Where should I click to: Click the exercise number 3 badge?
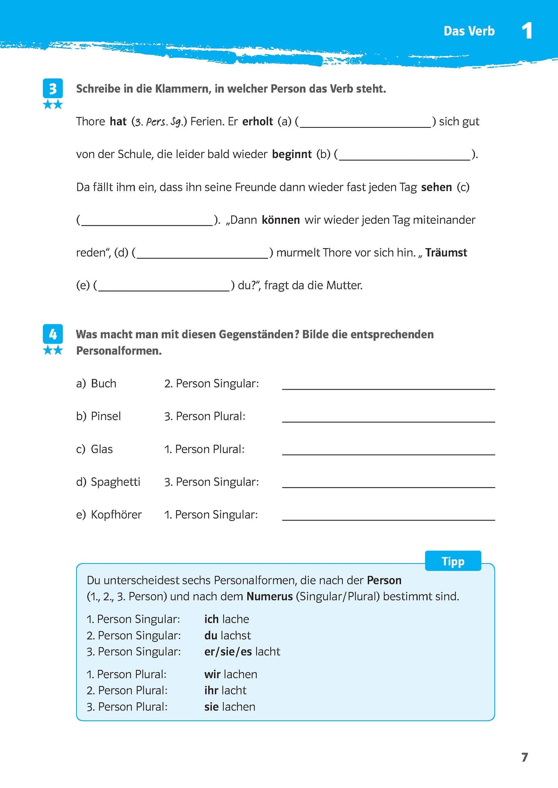tap(53, 89)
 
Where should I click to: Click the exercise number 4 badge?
tap(53, 334)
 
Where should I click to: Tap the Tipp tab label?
tap(453, 561)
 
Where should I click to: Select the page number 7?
tap(525, 757)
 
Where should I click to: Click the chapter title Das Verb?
tap(469, 31)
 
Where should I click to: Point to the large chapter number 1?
tap(527, 31)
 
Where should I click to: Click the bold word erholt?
tap(258, 121)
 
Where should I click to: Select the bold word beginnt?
tap(292, 154)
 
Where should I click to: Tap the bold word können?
tap(281, 220)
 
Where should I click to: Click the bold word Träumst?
tap(446, 253)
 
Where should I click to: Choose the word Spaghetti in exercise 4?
tap(115, 482)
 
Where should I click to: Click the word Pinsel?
tap(106, 416)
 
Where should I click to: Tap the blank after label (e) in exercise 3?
tap(164, 286)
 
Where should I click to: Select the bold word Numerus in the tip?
tap(269, 596)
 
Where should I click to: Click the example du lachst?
tap(227, 635)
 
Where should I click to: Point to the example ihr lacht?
tap(225, 690)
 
